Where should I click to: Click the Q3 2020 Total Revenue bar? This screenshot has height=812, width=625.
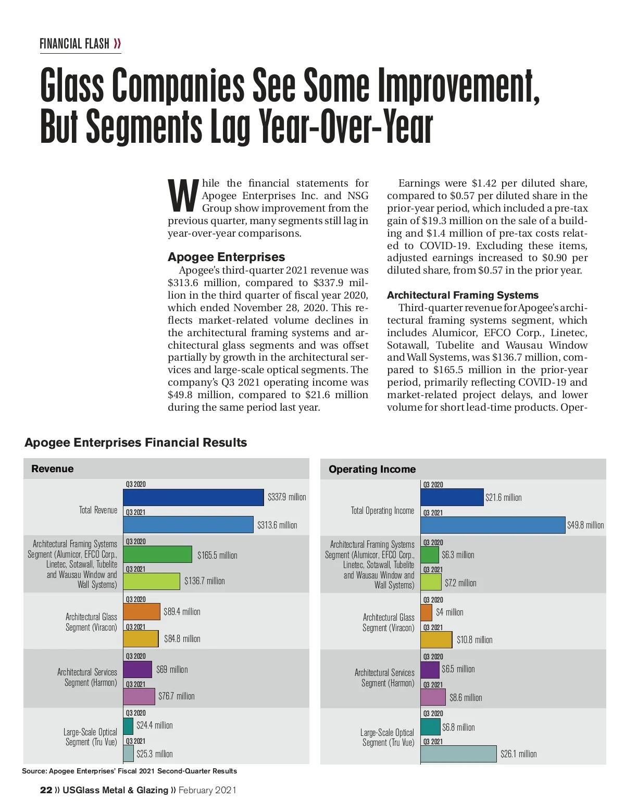tap(193, 497)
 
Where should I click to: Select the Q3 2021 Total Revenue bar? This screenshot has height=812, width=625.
tap(188, 524)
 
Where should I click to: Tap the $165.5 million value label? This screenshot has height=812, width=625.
tap(217, 556)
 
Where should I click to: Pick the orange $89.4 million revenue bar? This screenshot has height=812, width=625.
tap(142, 611)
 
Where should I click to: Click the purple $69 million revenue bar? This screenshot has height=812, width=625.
tap(137, 669)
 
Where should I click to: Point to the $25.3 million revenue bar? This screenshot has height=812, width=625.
tap(129, 754)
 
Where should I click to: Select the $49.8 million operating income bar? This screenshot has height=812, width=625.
tap(492, 525)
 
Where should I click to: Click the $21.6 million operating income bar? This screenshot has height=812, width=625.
tap(452, 497)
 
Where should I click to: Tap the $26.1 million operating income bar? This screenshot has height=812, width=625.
tap(458, 754)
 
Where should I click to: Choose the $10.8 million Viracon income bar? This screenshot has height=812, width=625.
tap(436, 639)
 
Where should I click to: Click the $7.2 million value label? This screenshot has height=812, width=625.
tap(460, 583)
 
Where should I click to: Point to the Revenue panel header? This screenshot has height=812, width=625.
tap(53, 469)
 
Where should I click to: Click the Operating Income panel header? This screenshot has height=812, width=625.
tap(372, 469)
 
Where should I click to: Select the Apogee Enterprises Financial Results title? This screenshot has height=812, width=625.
tap(135, 442)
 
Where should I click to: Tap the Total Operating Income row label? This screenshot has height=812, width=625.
tap(382, 511)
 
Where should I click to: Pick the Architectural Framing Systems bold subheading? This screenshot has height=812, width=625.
tap(463, 295)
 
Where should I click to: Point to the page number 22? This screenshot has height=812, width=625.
tap(46, 790)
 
